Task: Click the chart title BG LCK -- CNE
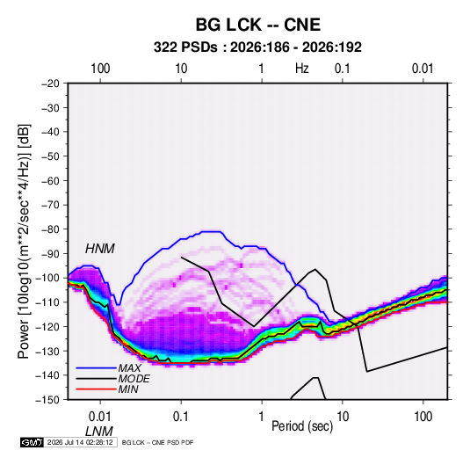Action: coord(258,25)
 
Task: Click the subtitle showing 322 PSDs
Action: coord(257,47)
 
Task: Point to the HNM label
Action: coord(100,249)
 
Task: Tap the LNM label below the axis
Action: coord(99,432)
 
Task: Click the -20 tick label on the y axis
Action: coord(50,84)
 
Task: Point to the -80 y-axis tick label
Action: coord(50,229)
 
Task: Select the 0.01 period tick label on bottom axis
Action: coord(100,417)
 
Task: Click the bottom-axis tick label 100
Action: coord(423,417)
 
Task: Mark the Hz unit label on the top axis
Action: coord(301,69)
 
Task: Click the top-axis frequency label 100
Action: coord(100,69)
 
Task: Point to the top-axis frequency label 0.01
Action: coord(423,69)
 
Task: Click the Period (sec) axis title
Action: coord(302,426)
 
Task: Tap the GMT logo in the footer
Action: coord(33,442)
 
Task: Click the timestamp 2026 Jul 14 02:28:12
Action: coord(80,442)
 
